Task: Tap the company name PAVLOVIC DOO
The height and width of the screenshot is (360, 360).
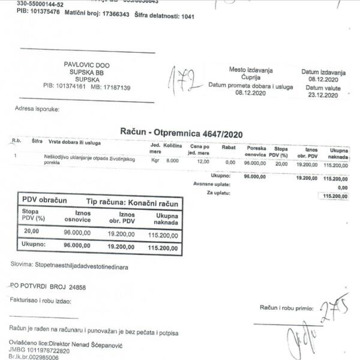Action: coord(86,65)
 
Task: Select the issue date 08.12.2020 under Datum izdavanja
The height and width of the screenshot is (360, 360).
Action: coord(324,79)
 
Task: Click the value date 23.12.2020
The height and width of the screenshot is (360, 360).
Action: coord(324,95)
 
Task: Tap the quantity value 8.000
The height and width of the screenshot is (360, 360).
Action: coord(172,161)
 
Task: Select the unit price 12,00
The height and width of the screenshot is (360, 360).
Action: coord(203,161)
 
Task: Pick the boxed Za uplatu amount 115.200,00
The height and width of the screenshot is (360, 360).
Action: coord(335,196)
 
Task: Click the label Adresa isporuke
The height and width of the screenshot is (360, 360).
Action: coord(37,109)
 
